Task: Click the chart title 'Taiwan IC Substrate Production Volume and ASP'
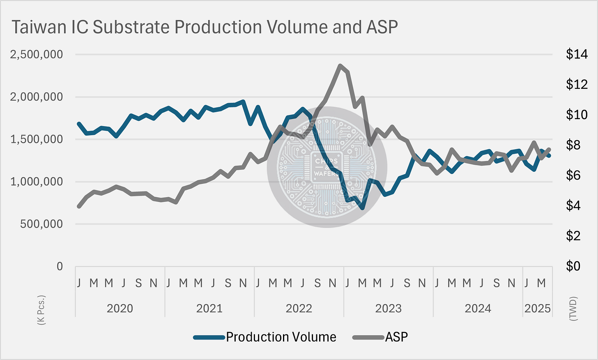205,27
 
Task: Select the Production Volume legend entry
281,337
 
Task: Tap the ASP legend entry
396,337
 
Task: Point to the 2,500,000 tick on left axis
37,54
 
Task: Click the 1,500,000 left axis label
37,139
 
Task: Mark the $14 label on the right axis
577,54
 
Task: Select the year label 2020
120,309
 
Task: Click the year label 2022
299,309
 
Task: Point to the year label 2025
537,309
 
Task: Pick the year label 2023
388,309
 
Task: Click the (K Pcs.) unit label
41,310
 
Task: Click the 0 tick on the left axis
60,266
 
